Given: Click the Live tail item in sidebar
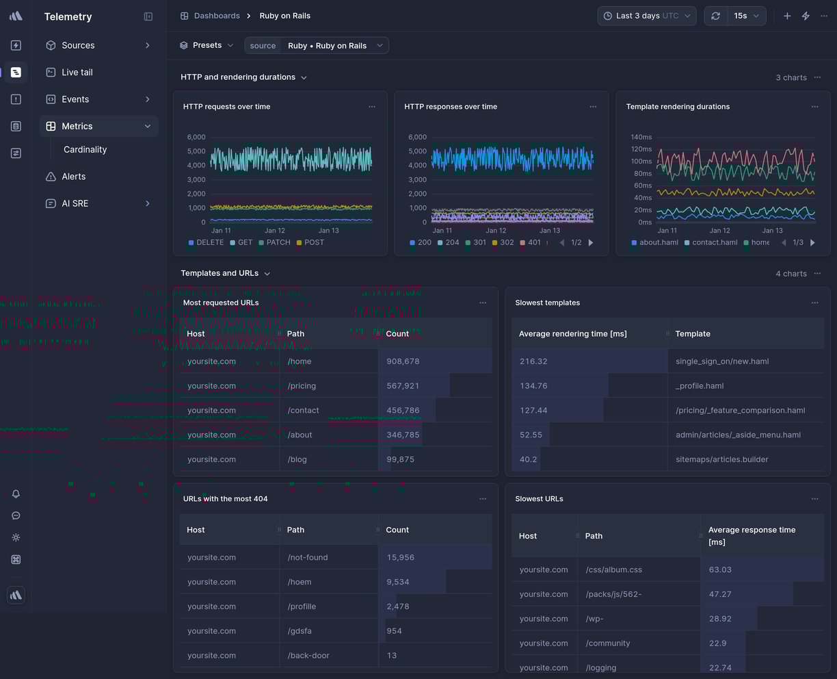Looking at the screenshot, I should click(77, 72).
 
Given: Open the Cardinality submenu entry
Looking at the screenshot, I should click(85, 149).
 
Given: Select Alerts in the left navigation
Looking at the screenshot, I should click(73, 177).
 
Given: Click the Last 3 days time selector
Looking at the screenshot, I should click(646, 16).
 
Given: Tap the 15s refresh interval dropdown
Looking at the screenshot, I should click(746, 16).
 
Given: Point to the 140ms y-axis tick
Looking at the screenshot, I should click(641, 137).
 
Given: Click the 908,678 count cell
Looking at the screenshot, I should click(403, 361).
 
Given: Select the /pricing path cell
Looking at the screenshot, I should click(302, 386).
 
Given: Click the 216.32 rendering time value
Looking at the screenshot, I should click(533, 361).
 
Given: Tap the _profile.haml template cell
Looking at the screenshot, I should click(700, 386).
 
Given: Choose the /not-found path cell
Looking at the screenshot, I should click(308, 557).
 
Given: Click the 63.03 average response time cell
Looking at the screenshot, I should click(720, 569).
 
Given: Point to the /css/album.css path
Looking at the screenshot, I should click(613, 569).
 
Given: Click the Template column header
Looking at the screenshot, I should click(693, 334).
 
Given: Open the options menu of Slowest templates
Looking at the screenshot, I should click(814, 303).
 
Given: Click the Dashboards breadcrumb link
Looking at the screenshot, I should click(216, 16).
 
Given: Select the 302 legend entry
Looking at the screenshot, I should click(507, 242).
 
